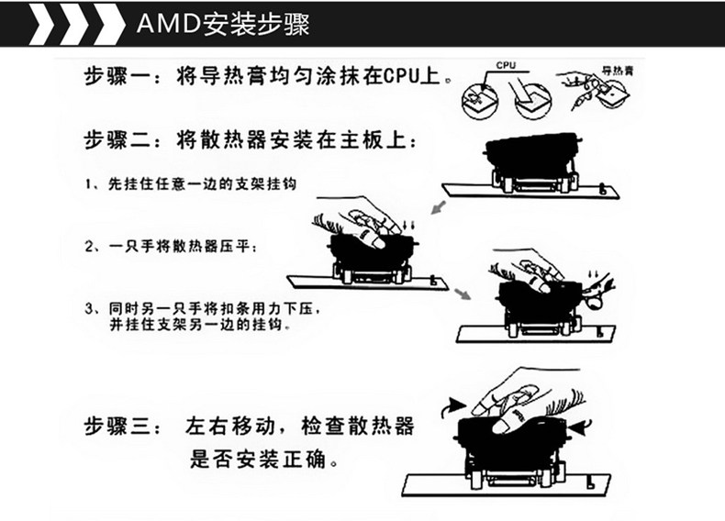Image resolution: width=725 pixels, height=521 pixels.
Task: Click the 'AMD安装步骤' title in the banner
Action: pyautogui.click(x=222, y=22)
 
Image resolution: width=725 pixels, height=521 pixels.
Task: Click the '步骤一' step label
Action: pyautogui.click(x=118, y=76)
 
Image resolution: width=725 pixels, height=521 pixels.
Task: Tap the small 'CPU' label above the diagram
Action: pyautogui.click(x=506, y=66)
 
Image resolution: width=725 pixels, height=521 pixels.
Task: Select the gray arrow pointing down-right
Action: pyautogui.click(x=462, y=293)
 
